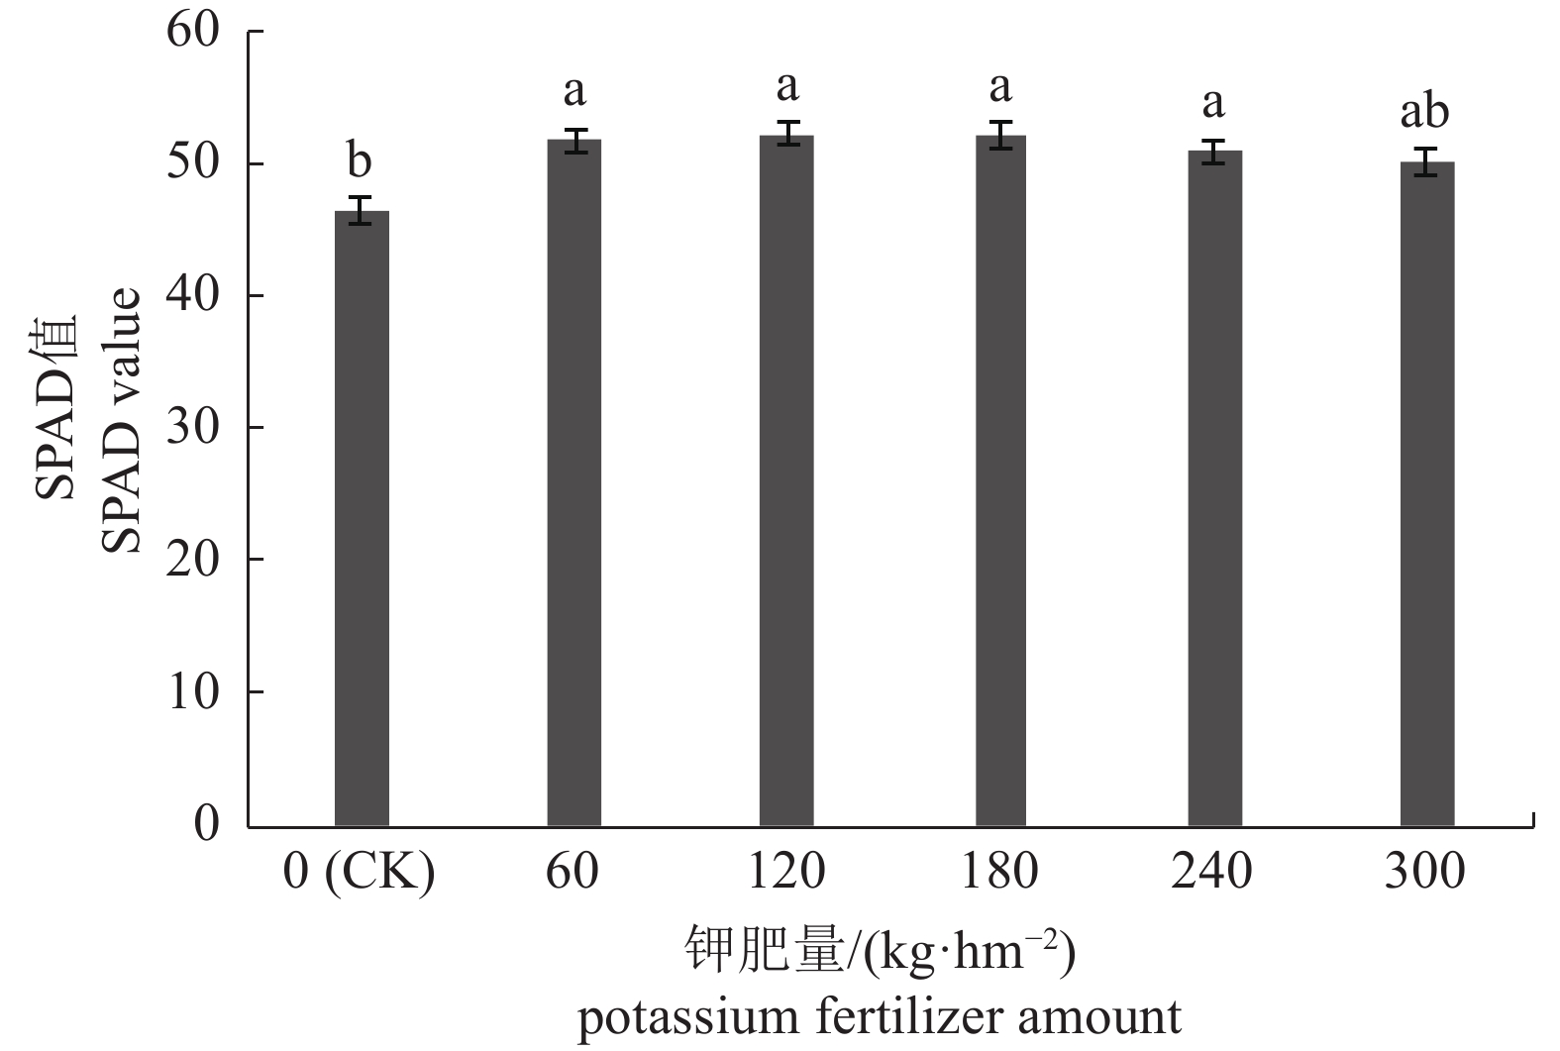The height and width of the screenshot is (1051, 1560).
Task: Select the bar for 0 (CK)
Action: [x=362, y=519]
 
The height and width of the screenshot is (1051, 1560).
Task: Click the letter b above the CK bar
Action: [x=359, y=159]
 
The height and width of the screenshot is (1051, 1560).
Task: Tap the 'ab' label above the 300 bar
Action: [x=1424, y=112]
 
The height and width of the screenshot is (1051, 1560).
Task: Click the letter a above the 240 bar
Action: [x=1212, y=102]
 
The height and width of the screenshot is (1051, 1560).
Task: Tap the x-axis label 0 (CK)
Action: [x=359, y=873]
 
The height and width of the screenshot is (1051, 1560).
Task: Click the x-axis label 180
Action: [x=999, y=873]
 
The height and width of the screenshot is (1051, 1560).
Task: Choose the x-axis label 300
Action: [x=1424, y=873]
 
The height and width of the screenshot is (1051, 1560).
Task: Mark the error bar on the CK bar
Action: [x=362, y=210]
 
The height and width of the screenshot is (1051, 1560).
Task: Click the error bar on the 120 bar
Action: [x=787, y=134]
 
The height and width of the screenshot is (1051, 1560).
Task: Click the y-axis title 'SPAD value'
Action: [x=126, y=420]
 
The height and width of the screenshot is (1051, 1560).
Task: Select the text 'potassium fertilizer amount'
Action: [x=880, y=1018]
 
